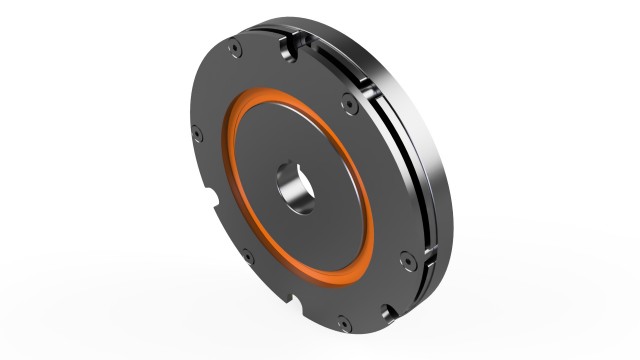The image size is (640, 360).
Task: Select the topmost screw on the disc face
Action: (x=233, y=50)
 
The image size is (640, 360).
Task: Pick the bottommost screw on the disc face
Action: (x=344, y=323)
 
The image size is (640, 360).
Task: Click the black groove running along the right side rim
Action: (x=418, y=170)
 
